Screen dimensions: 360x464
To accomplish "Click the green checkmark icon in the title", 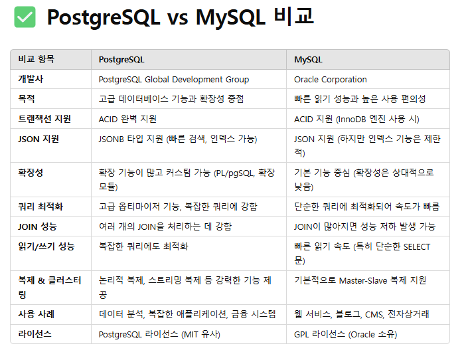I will click(x=25, y=17).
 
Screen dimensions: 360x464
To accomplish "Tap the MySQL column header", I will click(x=308, y=59).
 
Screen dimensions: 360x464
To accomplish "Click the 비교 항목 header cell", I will click(x=37, y=59).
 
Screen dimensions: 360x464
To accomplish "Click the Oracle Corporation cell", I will click(x=331, y=79).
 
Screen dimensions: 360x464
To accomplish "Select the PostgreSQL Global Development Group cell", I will click(x=174, y=79).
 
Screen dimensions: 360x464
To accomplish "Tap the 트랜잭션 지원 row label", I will click(x=44, y=119).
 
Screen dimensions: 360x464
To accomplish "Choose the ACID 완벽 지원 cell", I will click(x=127, y=119).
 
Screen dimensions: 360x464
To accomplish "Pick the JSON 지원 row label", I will click(x=39, y=139).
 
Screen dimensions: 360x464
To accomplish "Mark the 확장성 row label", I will click(x=31, y=173).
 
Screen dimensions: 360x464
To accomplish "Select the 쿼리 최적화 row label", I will click(x=40, y=207).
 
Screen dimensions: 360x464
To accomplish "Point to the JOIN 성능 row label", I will click(x=37, y=226).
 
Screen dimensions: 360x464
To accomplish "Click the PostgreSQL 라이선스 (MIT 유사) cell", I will click(x=159, y=333).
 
